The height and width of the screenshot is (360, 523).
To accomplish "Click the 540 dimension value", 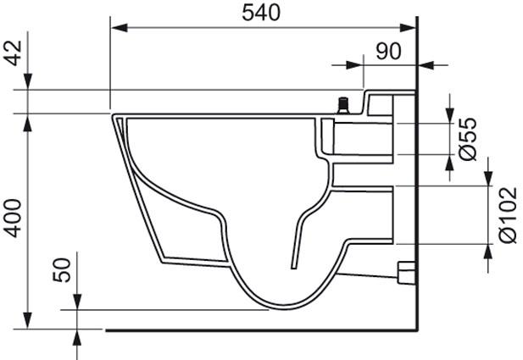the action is [x=261, y=14].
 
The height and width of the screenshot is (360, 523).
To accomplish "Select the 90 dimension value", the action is [x=388, y=52].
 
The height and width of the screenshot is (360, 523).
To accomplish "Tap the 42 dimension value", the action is [x=14, y=53].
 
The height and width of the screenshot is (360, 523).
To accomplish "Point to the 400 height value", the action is [x=14, y=219].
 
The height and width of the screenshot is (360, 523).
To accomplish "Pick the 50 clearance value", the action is [x=63, y=270].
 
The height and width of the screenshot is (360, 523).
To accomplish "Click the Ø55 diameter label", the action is [x=468, y=139].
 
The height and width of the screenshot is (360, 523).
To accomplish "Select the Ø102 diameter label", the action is [x=508, y=215].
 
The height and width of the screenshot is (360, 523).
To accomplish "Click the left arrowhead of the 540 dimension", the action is [x=119, y=28].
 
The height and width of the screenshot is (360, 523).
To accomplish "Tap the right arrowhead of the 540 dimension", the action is [x=408, y=28].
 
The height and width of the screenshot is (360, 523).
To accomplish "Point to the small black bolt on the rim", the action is [x=343, y=105].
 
